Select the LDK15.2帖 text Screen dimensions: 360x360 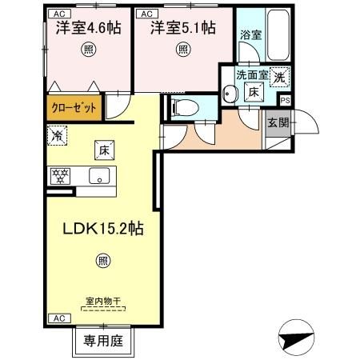pos(104,229)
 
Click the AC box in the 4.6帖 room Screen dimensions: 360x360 pos(58,14)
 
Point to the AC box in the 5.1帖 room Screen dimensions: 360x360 pos(148,14)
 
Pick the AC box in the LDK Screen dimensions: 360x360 pos(59,318)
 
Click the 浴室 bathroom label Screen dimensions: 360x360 pos(250,34)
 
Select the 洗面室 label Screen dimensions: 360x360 pos(250,76)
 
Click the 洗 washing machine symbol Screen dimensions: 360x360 pos(280,78)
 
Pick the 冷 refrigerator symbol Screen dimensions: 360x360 pos(58,138)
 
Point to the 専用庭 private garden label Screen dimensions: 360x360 pos(102,340)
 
